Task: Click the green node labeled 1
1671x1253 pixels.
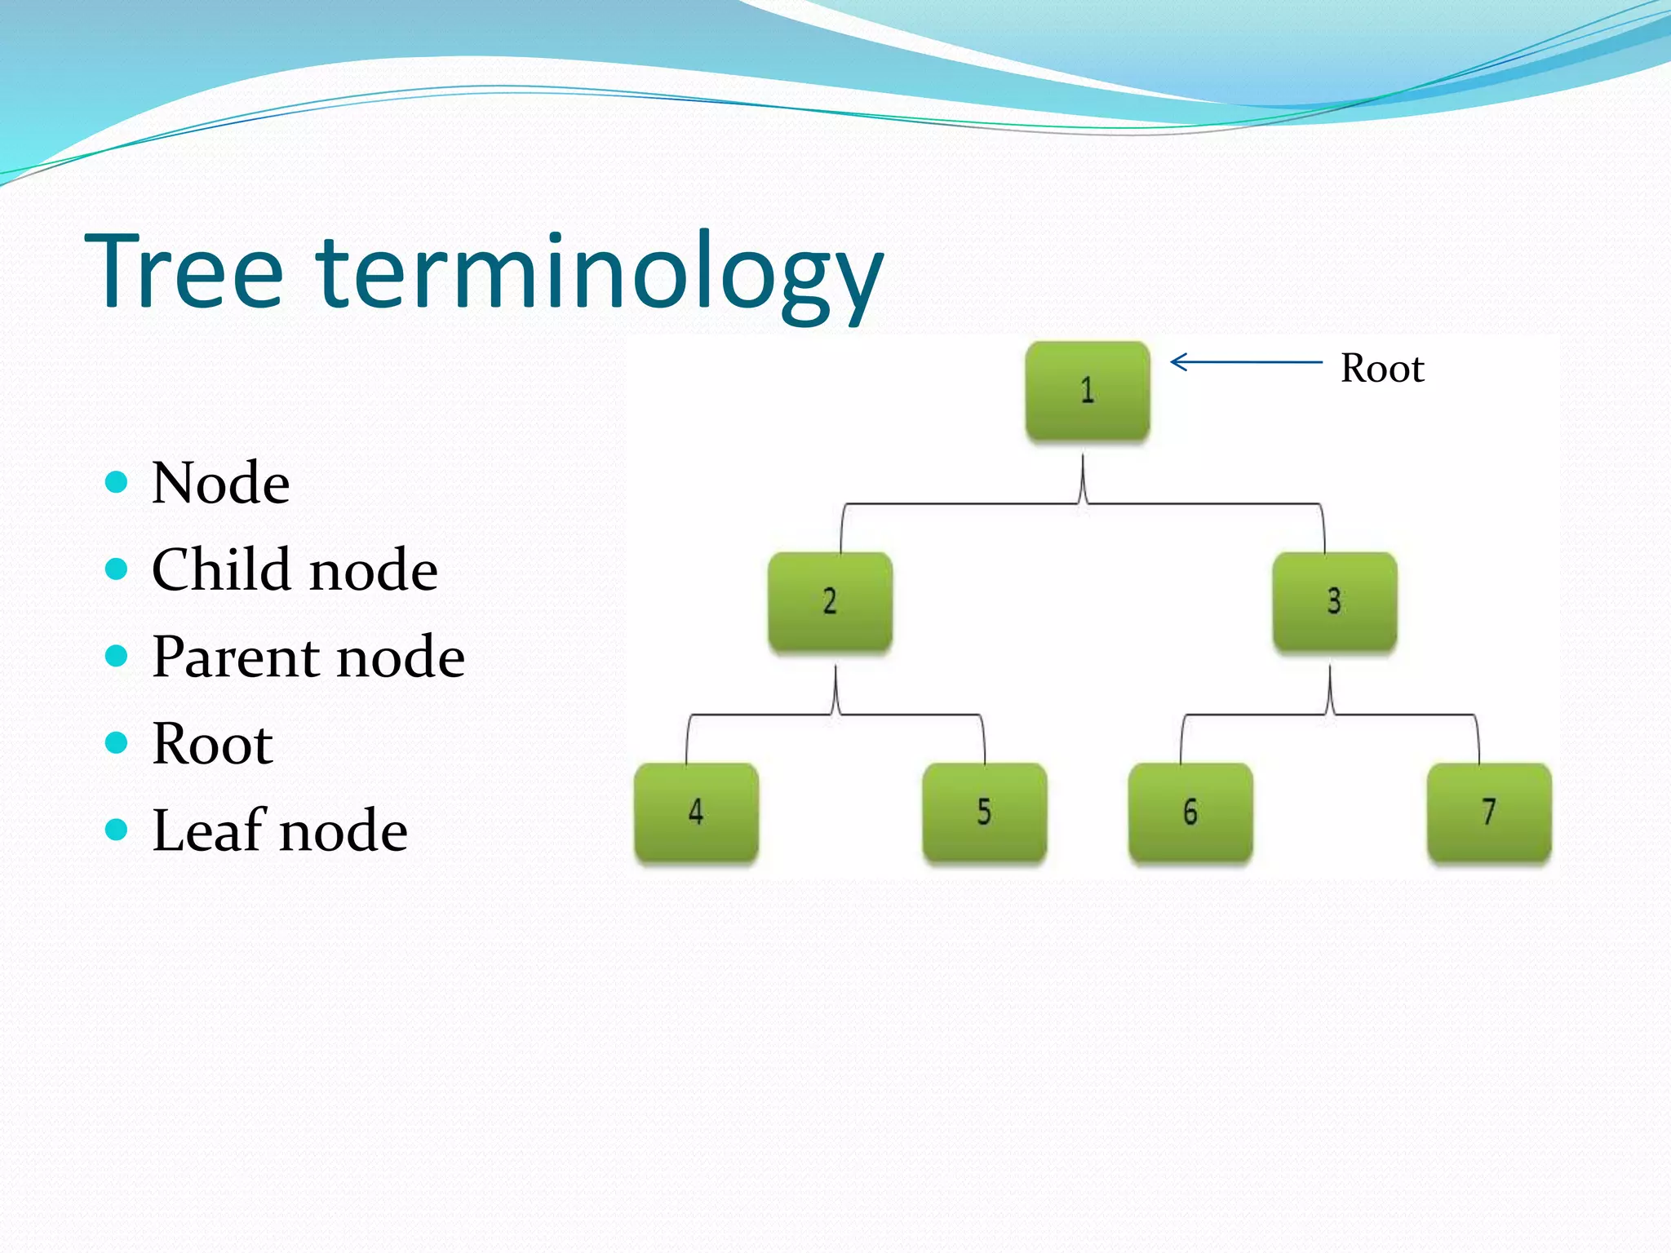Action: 1088,391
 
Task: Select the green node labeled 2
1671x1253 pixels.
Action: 830,602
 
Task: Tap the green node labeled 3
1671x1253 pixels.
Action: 1335,602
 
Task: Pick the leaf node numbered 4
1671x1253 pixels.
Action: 696,812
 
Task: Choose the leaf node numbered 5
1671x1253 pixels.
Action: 984,812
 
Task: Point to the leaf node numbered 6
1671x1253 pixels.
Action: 1190,812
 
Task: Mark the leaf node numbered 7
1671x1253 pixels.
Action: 1489,812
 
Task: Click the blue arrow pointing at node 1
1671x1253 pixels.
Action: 1245,361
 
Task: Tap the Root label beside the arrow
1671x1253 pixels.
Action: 1382,369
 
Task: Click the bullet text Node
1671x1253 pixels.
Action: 220,484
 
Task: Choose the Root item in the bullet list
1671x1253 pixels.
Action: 212,744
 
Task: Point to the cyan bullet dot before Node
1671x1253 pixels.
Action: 117,482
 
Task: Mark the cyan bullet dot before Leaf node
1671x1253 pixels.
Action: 117,830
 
